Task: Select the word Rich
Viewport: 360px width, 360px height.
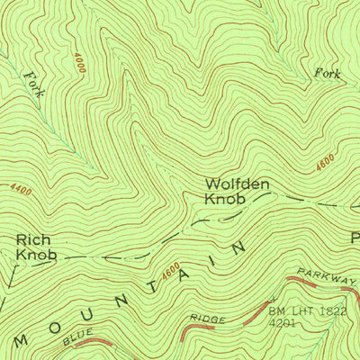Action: [33, 240]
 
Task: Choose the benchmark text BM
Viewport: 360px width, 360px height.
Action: [276, 312]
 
